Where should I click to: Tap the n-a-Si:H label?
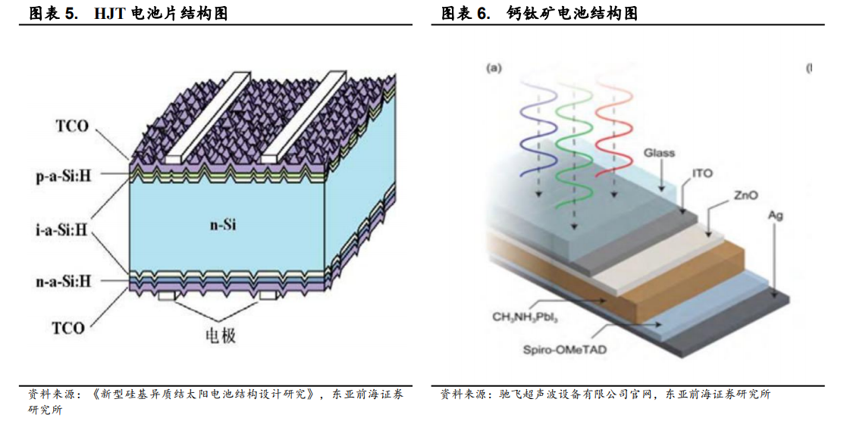click(x=63, y=281)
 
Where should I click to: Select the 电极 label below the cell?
click(x=221, y=335)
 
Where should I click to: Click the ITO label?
click(x=703, y=173)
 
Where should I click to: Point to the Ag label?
click(x=775, y=216)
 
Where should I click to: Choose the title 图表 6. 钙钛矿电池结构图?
click(x=539, y=14)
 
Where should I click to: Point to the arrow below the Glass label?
click(x=661, y=176)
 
